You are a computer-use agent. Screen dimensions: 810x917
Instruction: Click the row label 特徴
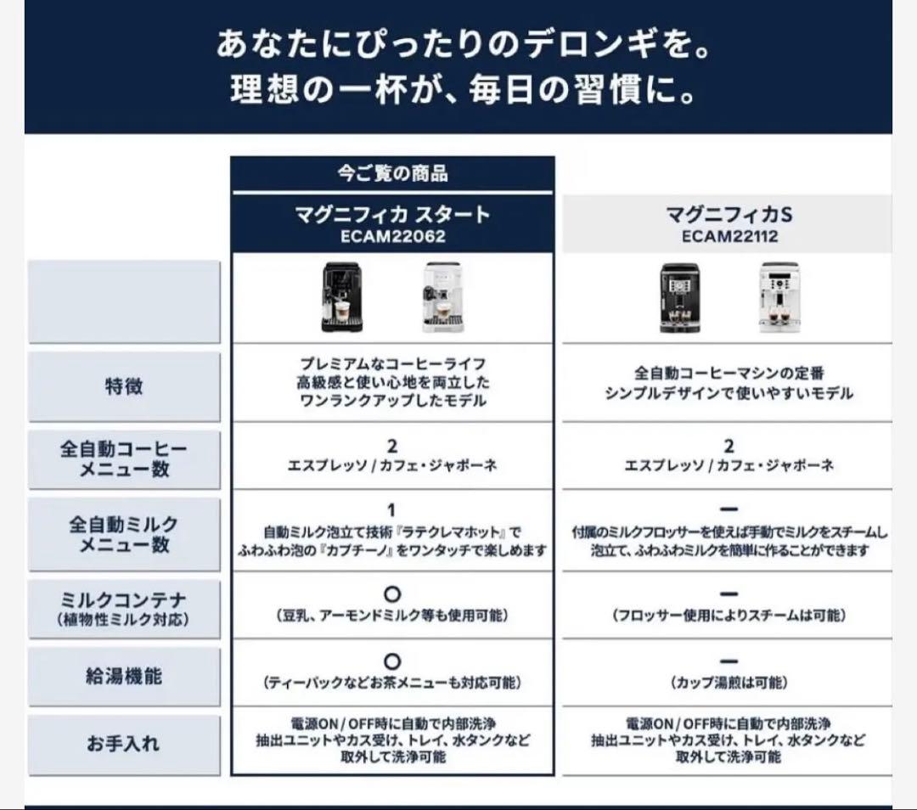click(x=123, y=387)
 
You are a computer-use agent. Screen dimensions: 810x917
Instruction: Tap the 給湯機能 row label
click(x=123, y=677)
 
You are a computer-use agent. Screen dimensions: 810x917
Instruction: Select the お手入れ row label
click(x=123, y=745)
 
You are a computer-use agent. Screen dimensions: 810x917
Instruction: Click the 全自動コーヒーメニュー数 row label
click(x=123, y=458)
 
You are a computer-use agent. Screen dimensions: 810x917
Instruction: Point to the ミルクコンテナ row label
click(x=123, y=600)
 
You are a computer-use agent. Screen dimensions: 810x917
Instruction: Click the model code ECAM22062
click(x=392, y=237)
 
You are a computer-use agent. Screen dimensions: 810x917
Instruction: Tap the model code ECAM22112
click(x=729, y=237)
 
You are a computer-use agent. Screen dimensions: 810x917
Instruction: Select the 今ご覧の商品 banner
click(x=392, y=174)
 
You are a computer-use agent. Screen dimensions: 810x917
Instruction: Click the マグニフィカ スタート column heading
click(x=392, y=214)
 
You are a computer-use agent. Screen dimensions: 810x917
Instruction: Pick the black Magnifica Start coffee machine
click(x=344, y=296)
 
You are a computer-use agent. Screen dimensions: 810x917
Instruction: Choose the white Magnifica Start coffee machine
click(x=443, y=296)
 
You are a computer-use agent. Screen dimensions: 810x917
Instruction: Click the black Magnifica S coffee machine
click(x=680, y=296)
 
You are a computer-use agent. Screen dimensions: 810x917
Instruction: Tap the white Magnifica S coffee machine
click(x=779, y=296)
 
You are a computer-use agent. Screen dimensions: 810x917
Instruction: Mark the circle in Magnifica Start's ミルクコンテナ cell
click(x=392, y=594)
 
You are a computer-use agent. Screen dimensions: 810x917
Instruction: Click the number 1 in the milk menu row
click(x=392, y=510)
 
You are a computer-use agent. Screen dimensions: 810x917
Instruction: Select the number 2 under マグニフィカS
click(x=729, y=446)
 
